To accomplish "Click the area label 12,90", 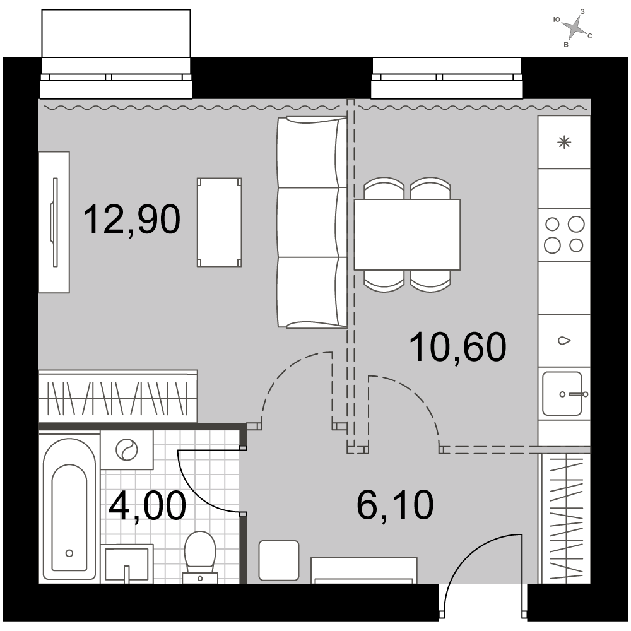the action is pyautogui.click(x=132, y=220).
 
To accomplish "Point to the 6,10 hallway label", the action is pyautogui.click(x=395, y=505).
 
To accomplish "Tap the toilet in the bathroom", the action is pyautogui.click(x=200, y=557).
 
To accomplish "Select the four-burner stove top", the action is pyautogui.click(x=564, y=234).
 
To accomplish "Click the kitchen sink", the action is pyautogui.click(x=562, y=394).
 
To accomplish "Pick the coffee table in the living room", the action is pyautogui.click(x=220, y=222).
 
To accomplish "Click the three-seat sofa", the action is pyautogui.click(x=312, y=223).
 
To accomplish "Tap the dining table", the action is pyautogui.click(x=407, y=235).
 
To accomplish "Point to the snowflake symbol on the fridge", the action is pyautogui.click(x=564, y=143).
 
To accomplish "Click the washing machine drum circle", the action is pyautogui.click(x=126, y=449).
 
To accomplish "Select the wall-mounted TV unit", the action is pyautogui.click(x=54, y=222).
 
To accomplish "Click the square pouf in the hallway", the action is pyautogui.click(x=279, y=560).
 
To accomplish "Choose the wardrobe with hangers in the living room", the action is pyautogui.click(x=118, y=396).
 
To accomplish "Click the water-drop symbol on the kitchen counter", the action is pyautogui.click(x=564, y=341).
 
